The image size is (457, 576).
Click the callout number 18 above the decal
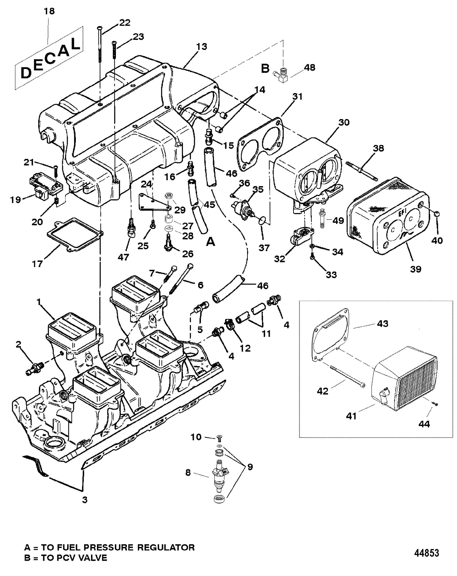tap(50, 11)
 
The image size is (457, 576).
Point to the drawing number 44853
tap(426, 553)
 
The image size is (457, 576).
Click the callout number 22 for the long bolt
tap(125, 23)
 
